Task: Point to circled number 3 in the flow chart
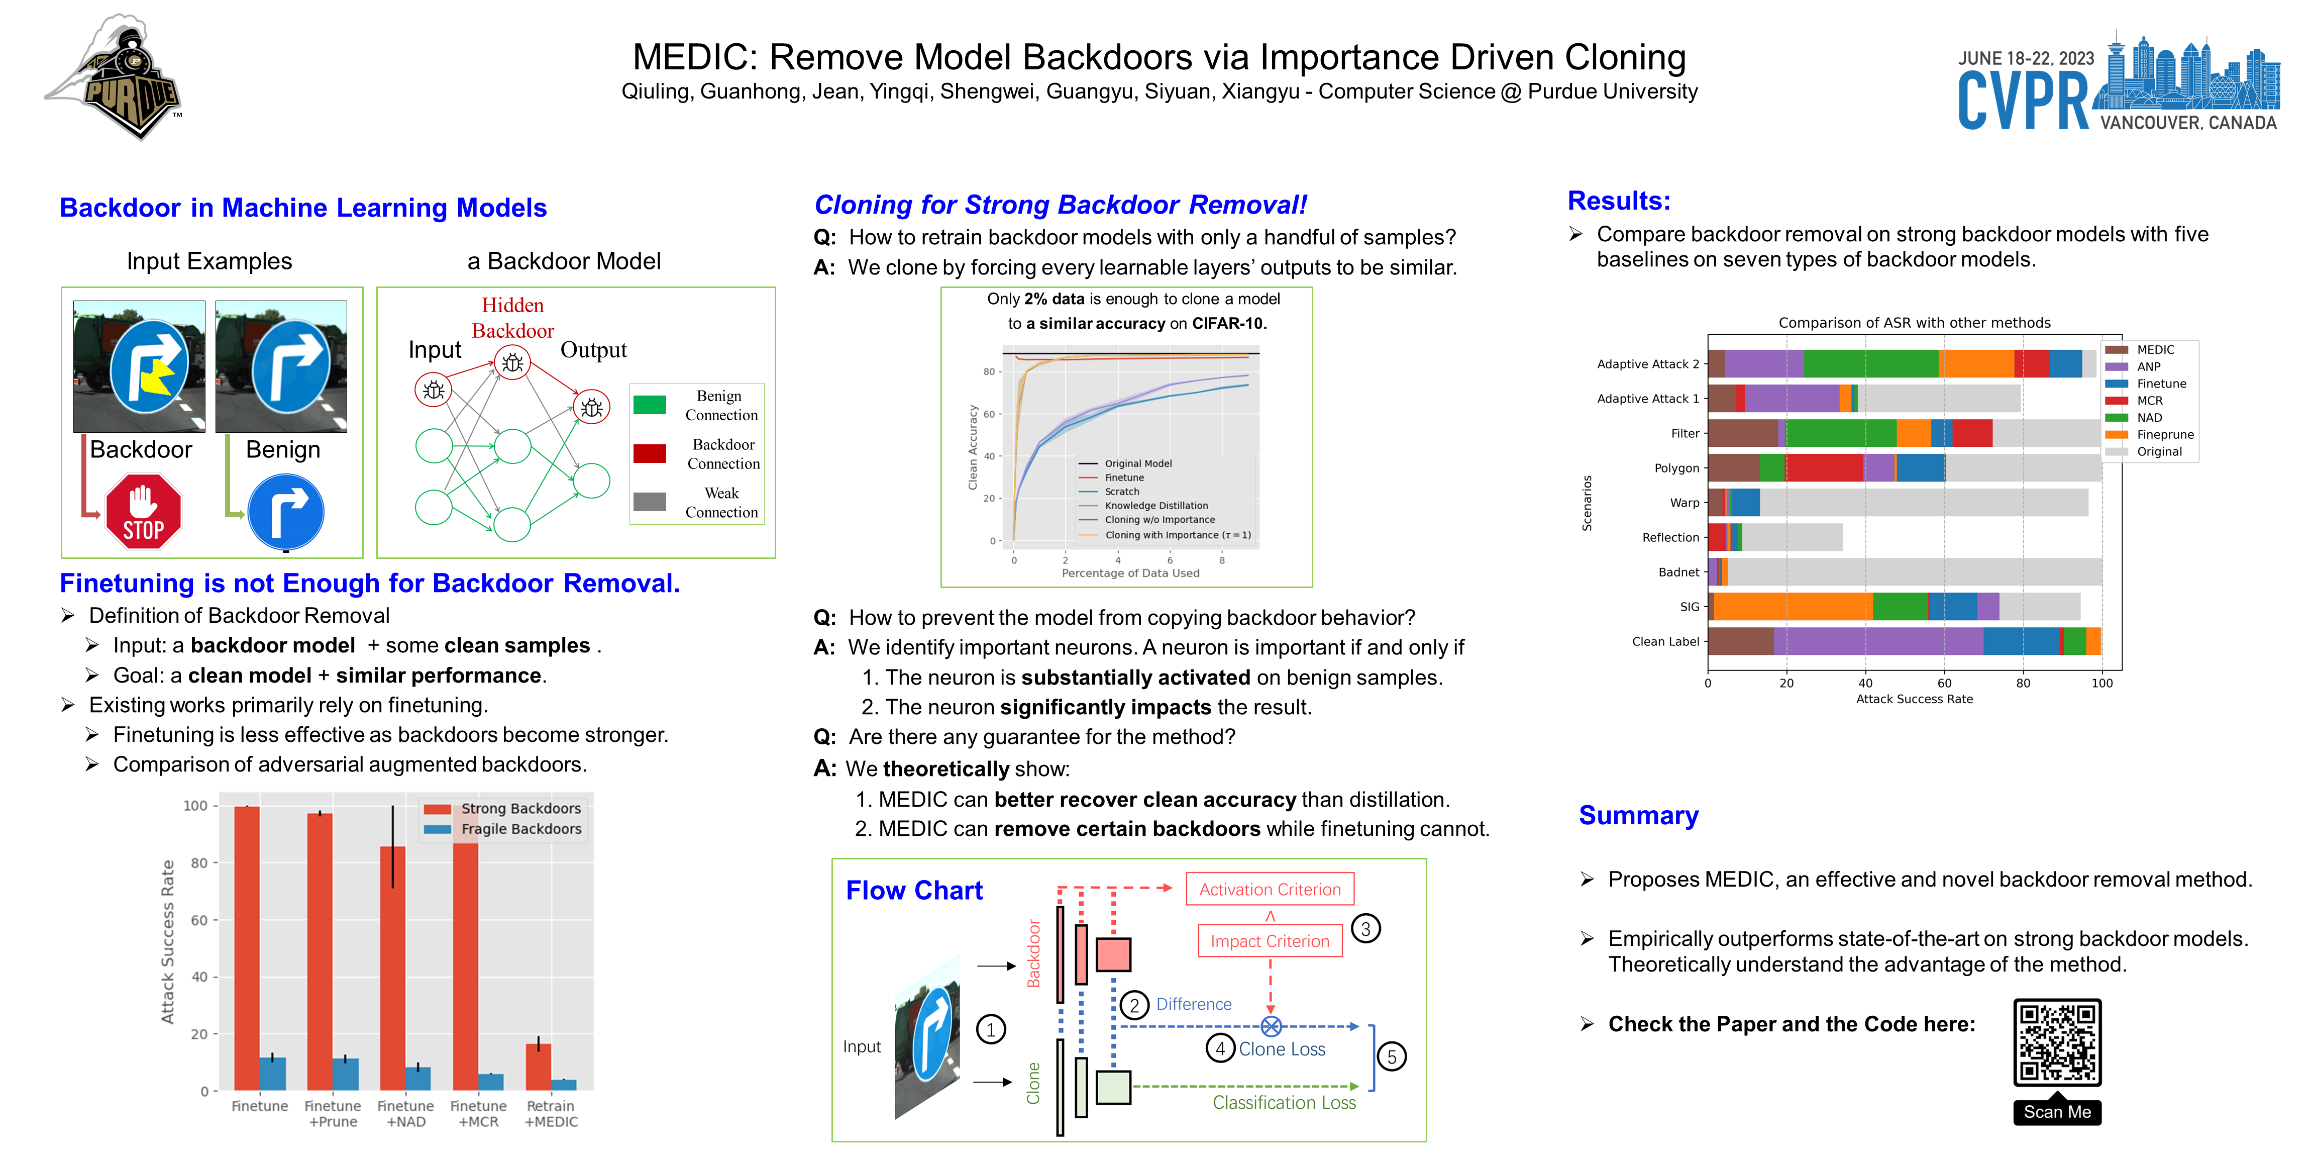[x=1365, y=929]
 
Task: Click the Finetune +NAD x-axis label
[x=405, y=1113]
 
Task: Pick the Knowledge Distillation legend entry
[x=1155, y=505]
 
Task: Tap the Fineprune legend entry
[x=2163, y=434]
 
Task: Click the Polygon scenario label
[x=1676, y=468]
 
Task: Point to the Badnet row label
[x=1678, y=572]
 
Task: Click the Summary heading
[x=1638, y=815]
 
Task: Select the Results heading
[x=1619, y=201]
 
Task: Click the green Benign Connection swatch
[x=649, y=405]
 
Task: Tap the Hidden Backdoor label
[x=512, y=317]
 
